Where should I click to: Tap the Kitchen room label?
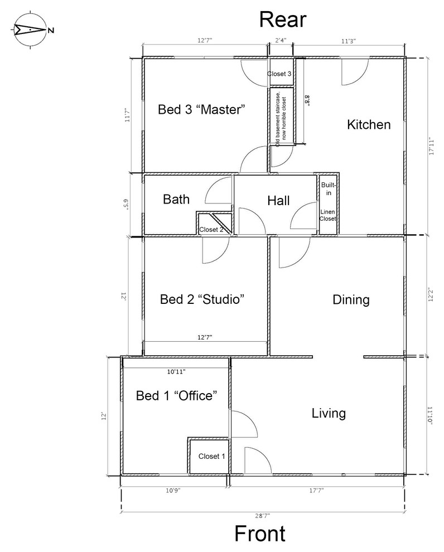[369, 124]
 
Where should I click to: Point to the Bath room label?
[176, 200]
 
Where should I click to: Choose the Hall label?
[278, 201]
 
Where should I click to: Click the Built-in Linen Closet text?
[327, 201]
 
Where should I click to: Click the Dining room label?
[351, 300]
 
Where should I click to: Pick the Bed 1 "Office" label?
[176, 396]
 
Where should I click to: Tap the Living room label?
[329, 414]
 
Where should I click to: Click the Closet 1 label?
[212, 456]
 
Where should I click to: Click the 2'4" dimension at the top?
[281, 40]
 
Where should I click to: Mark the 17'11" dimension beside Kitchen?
[430, 147]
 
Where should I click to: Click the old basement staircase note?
[281, 117]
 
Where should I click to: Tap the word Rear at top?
[283, 20]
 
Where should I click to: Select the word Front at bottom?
[260, 534]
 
